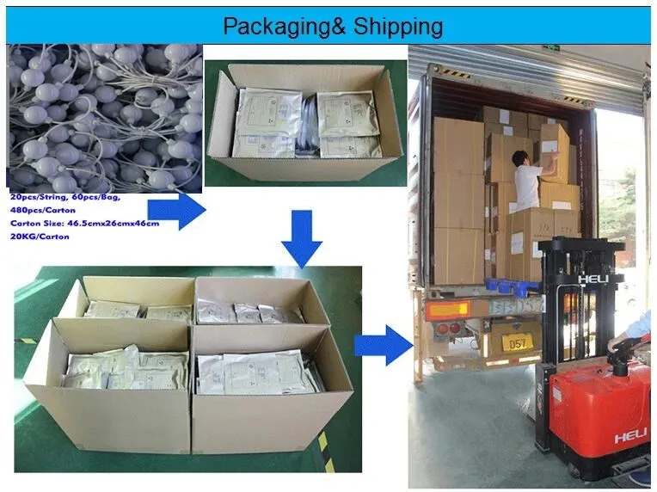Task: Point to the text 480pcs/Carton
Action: click(x=43, y=209)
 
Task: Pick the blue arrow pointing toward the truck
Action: click(x=384, y=344)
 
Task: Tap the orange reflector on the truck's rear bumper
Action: click(x=448, y=309)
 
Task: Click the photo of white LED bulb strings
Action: click(x=104, y=117)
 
